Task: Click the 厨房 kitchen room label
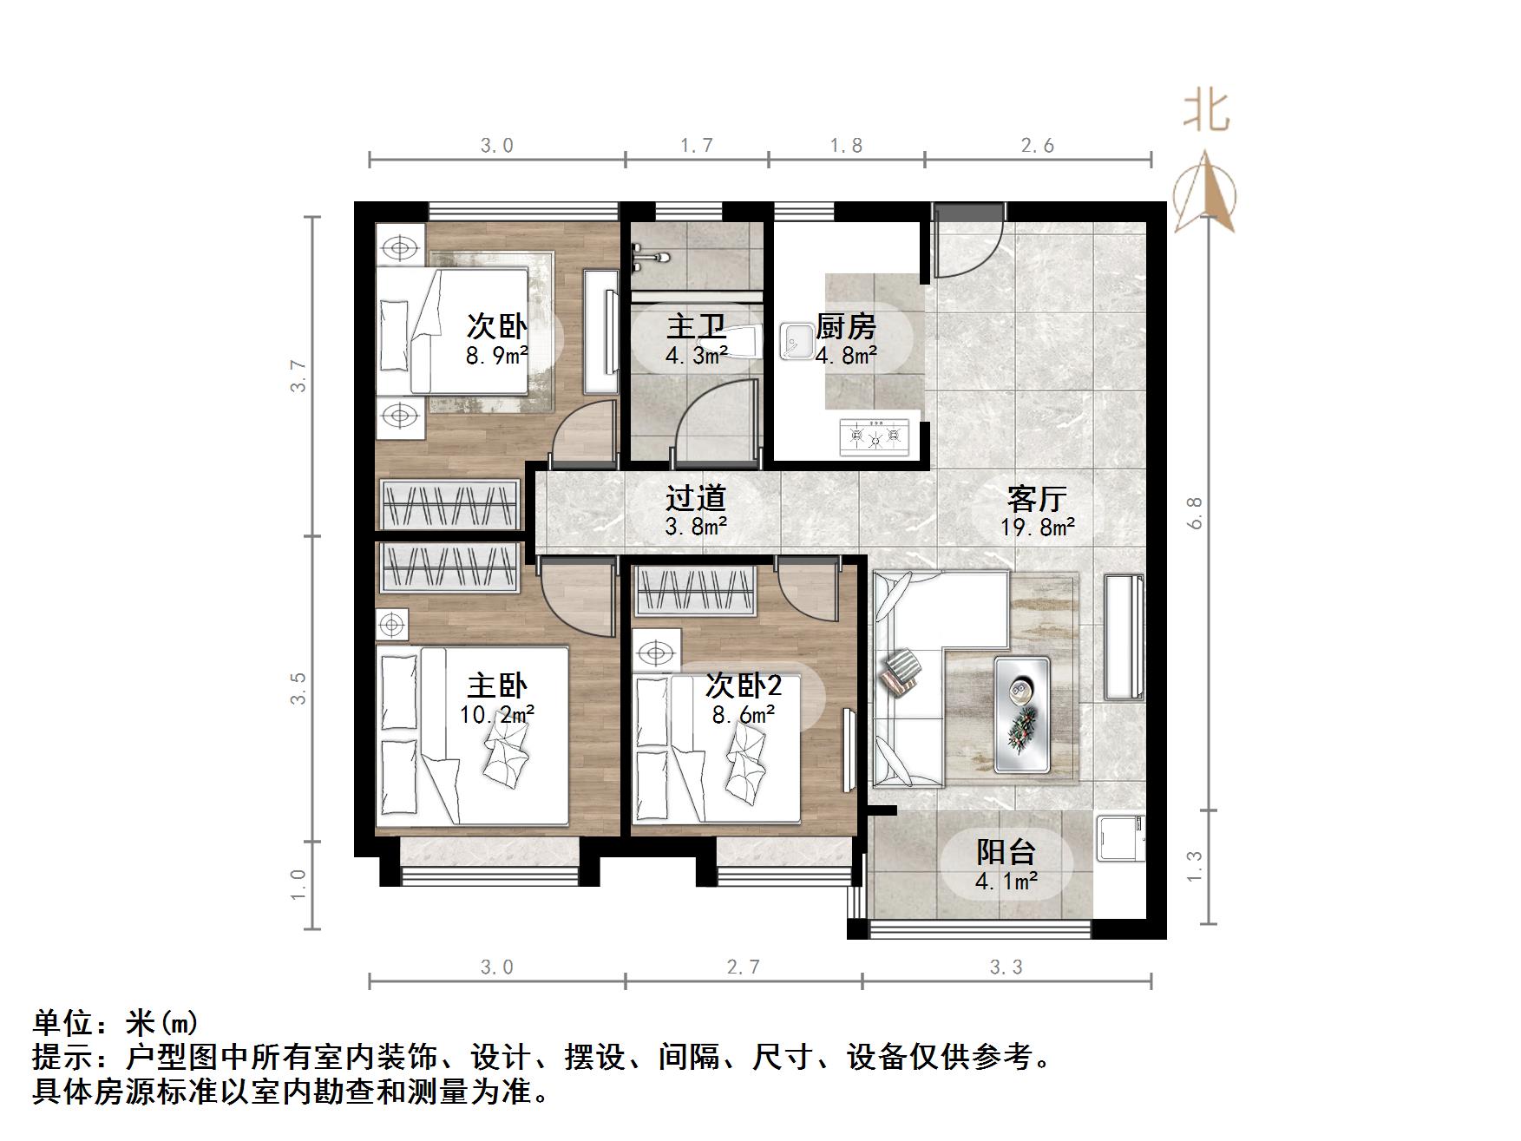[x=846, y=327]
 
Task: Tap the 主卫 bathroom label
[x=696, y=327]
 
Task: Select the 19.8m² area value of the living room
[x=1038, y=527]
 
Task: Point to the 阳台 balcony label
[x=1006, y=852]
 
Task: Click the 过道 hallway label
[x=696, y=498]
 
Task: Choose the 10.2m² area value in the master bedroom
[x=497, y=714]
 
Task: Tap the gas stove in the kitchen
[x=875, y=436]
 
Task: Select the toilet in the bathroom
[x=744, y=342]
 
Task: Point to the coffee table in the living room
[x=1022, y=714]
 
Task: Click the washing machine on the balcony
[x=1120, y=837]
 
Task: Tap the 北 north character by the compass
[x=1206, y=113]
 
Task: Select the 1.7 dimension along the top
[x=697, y=145]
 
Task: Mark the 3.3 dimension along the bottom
[x=1006, y=967]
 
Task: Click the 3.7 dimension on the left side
[x=298, y=376]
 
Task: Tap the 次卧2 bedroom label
[x=744, y=685]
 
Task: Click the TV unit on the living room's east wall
[x=1124, y=637]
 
